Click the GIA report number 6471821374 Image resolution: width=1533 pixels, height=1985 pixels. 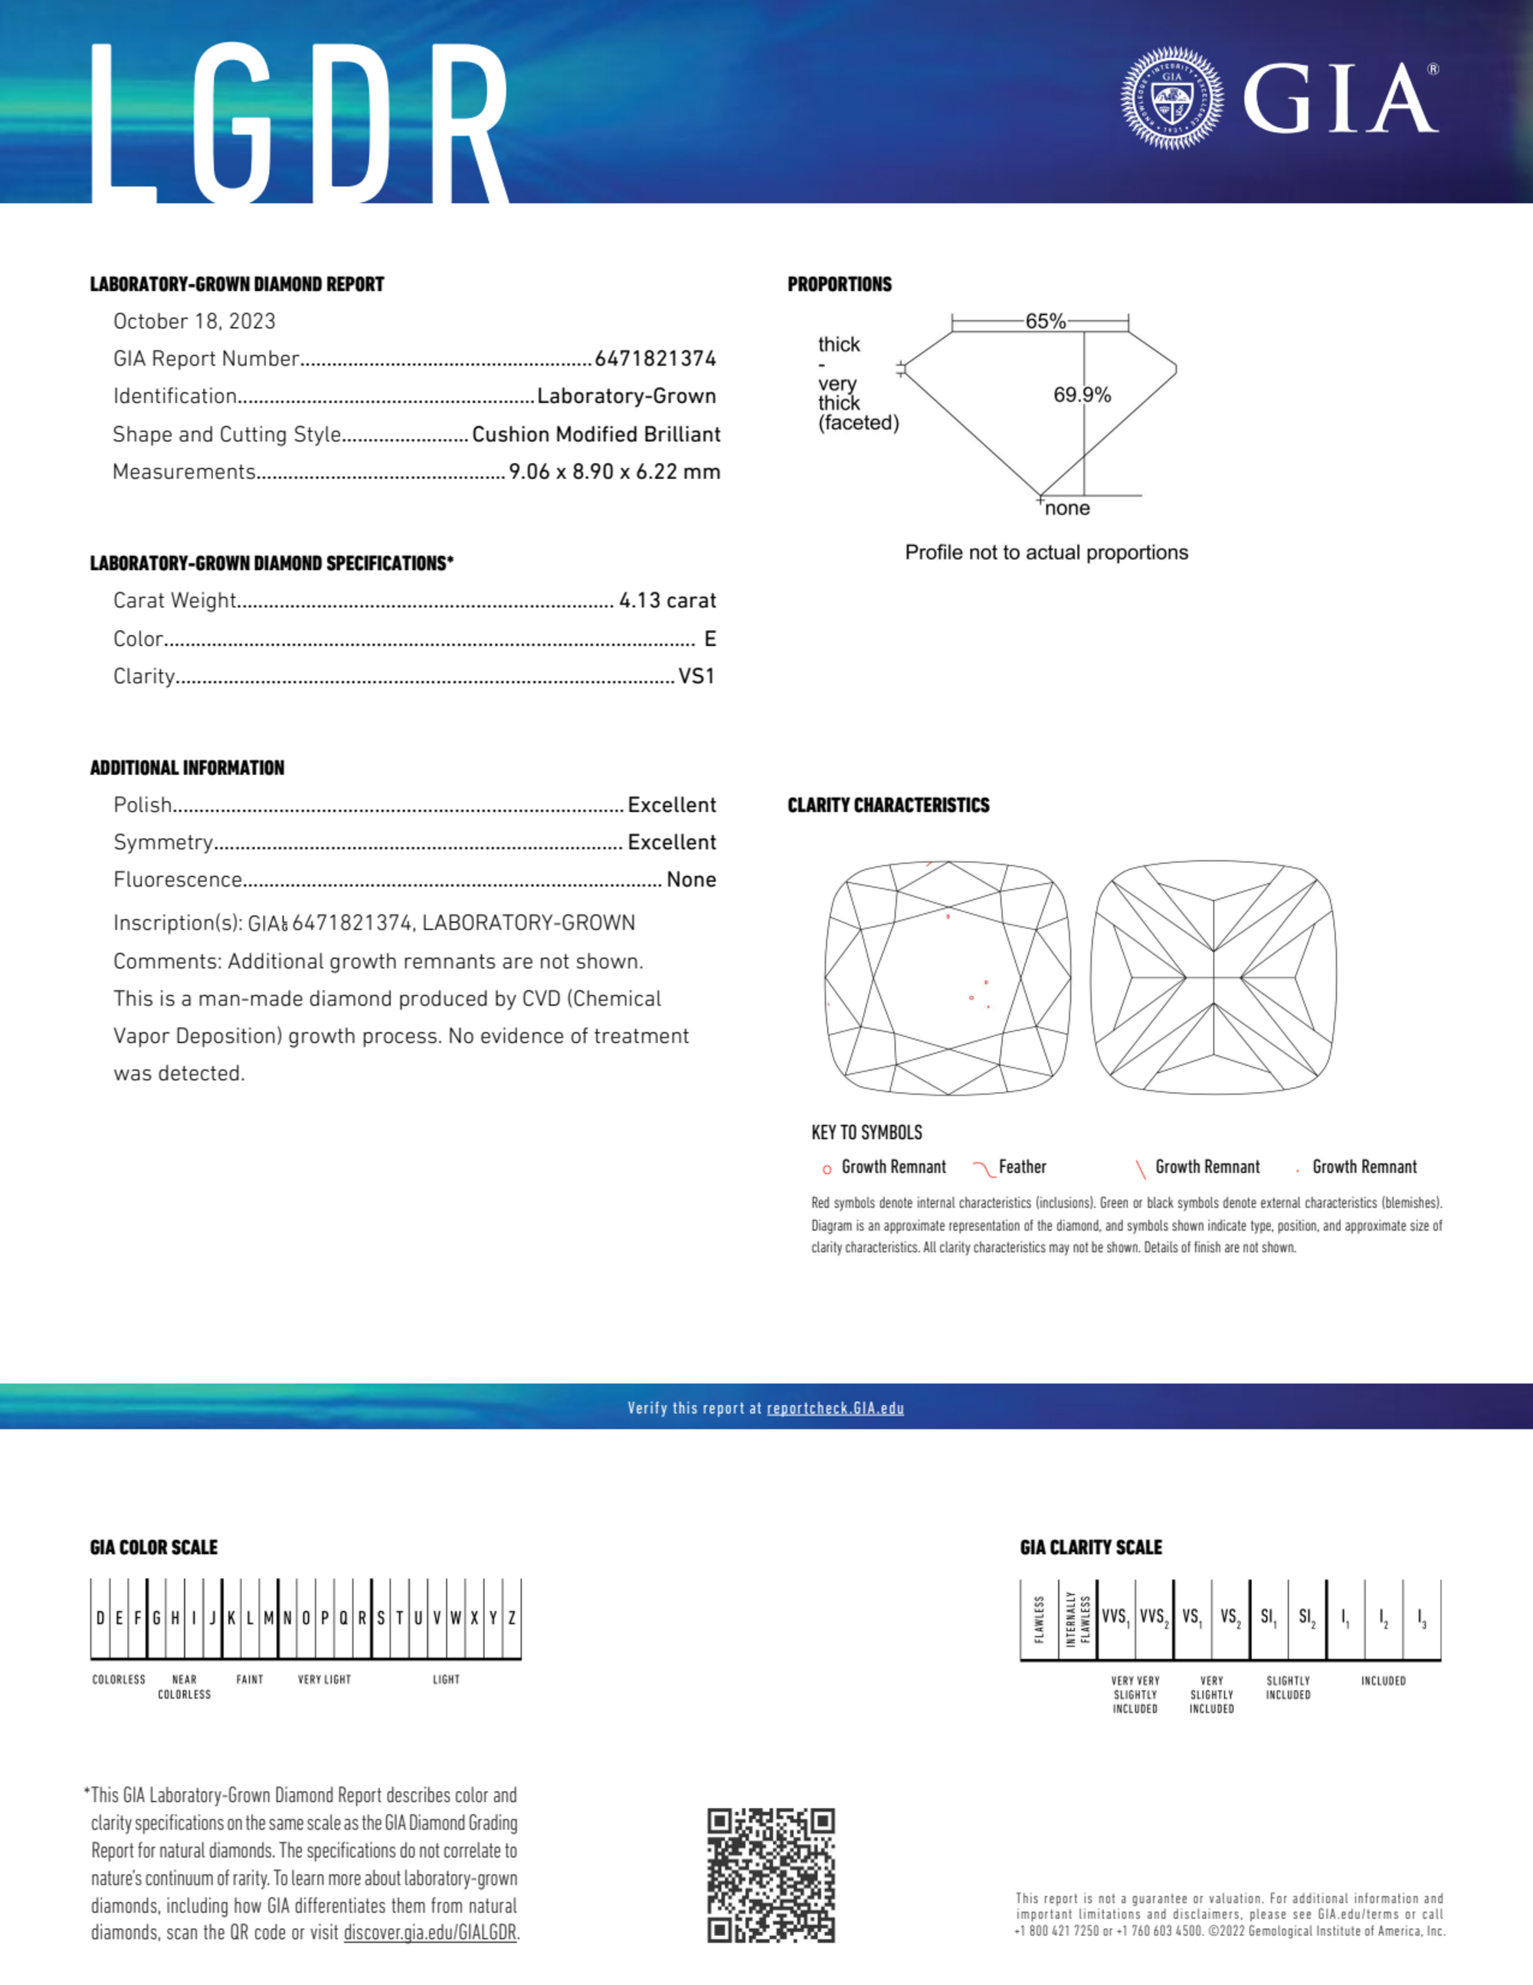coord(655,359)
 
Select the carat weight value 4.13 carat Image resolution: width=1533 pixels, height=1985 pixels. coord(667,601)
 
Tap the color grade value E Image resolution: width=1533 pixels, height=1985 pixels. coord(709,639)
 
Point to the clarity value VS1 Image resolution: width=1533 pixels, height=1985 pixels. coord(696,676)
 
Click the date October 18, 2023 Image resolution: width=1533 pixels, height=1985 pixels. coord(194,322)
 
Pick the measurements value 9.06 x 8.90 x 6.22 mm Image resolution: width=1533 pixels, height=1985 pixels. coord(614,471)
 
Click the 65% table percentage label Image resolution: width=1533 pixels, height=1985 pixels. coord(1045,322)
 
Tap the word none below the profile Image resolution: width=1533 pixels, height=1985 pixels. coord(1067,509)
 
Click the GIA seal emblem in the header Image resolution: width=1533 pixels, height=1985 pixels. coord(1171,98)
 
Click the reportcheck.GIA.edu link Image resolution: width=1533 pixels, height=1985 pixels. coord(835,1409)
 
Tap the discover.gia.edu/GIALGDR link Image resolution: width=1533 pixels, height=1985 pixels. coord(430,1933)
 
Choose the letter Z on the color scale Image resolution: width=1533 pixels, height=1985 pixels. coord(512,1619)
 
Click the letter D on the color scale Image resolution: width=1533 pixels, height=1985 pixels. coord(100,1619)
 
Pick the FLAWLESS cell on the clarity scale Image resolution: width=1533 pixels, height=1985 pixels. coord(1039,1619)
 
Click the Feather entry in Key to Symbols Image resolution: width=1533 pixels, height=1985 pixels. coord(1021,1167)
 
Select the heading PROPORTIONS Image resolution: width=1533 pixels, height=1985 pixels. coord(839,284)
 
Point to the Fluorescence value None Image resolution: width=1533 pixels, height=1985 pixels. coord(690,880)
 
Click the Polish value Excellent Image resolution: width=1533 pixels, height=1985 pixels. coord(672,805)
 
